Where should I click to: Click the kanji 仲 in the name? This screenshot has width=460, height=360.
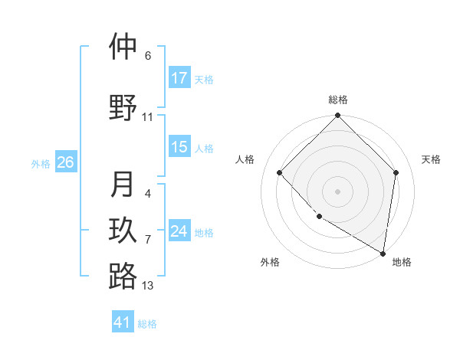point(123,47)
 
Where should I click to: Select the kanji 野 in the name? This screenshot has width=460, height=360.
point(123,108)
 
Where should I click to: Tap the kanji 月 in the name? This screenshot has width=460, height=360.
point(123,185)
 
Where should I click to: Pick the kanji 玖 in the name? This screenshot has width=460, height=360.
point(123,231)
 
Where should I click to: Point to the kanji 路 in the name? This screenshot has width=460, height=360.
point(123,277)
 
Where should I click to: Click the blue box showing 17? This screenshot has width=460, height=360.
point(179,78)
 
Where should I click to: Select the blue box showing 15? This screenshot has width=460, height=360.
point(179,147)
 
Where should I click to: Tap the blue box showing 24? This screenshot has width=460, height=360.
point(179,231)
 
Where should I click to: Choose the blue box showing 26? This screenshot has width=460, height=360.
point(65,162)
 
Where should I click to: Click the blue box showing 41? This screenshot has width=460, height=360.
point(123,322)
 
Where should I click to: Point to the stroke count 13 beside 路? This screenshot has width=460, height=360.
point(147,286)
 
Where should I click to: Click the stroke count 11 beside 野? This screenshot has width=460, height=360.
point(147,117)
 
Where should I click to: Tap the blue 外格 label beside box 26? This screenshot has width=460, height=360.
point(41,163)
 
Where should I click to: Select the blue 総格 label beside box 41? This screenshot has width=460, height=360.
point(147,324)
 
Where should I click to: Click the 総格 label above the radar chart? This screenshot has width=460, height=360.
point(338,100)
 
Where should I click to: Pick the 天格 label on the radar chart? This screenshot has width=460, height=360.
point(431,159)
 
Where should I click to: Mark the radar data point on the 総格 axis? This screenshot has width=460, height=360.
point(338,116)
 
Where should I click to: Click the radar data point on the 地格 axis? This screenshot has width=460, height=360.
point(383,252)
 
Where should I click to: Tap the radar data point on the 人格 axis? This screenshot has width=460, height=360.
point(280,172)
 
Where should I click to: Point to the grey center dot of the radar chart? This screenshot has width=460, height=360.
point(338,191)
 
